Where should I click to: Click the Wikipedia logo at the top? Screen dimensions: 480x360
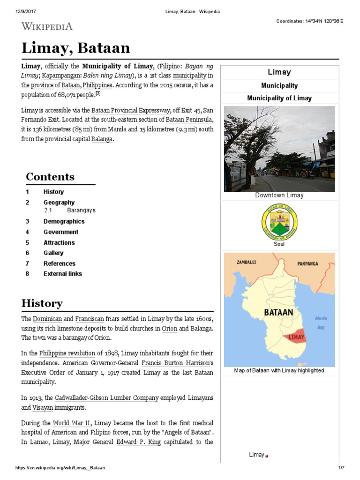click(47, 26)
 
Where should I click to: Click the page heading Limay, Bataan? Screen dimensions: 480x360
click(76, 48)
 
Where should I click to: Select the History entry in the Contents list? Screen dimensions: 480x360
click(53, 192)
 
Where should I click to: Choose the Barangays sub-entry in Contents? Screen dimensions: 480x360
click(81, 210)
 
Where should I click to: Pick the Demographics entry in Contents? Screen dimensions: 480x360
click(64, 221)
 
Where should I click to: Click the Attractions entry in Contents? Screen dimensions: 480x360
click(59, 243)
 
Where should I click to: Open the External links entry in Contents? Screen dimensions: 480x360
click(62, 274)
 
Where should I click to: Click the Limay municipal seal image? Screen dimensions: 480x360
click(279, 222)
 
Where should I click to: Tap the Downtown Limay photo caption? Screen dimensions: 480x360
click(279, 195)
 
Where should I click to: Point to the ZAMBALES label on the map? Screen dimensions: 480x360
click(247, 262)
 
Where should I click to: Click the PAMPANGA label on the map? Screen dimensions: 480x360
click(307, 263)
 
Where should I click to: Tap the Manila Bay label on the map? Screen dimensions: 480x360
click(321, 322)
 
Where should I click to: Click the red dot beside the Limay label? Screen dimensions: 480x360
click(267, 456)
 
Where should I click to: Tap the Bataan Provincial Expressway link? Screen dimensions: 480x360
click(130, 110)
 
